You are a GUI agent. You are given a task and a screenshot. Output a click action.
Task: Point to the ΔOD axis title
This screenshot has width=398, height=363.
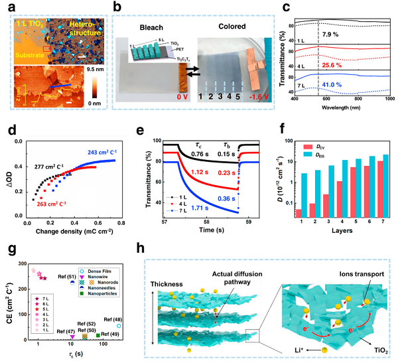coord(11,174)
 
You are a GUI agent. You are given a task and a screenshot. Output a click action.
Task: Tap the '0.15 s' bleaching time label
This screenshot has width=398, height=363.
coord(225,156)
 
